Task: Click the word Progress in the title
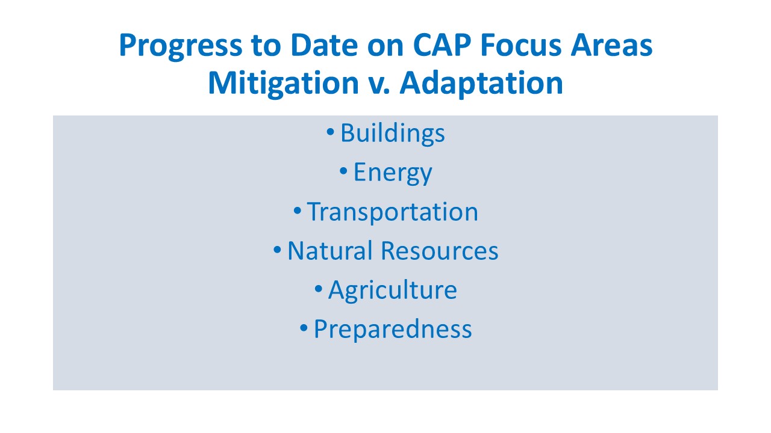(x=181, y=46)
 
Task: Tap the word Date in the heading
(x=324, y=45)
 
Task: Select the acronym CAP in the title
(x=442, y=45)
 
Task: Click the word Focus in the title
(x=521, y=45)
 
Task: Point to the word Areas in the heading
(x=611, y=45)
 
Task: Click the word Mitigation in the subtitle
(x=284, y=84)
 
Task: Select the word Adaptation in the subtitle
(x=481, y=84)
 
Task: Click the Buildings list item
(x=392, y=134)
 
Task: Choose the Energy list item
(x=393, y=173)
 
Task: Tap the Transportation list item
(x=393, y=212)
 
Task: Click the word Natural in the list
(x=329, y=251)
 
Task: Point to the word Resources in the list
(x=440, y=251)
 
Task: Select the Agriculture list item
(x=393, y=290)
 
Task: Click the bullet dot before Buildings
(x=330, y=132)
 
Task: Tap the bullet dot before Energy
(x=343, y=171)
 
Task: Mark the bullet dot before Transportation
(x=297, y=210)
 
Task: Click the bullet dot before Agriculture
(x=319, y=289)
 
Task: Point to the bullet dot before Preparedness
(x=304, y=328)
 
